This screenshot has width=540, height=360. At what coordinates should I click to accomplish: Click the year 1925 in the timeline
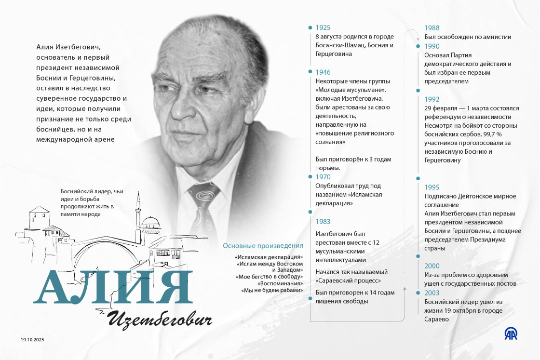coord(323,28)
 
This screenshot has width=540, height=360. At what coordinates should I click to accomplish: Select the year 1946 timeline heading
coord(323,72)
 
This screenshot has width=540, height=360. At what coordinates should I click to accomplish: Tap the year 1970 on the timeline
coord(323,177)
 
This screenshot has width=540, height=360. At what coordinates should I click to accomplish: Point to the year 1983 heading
coord(323,222)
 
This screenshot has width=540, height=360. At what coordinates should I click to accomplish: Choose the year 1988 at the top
coord(432,28)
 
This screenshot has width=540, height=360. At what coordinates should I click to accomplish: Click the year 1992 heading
coord(432,99)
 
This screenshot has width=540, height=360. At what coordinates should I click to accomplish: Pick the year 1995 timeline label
coord(432,187)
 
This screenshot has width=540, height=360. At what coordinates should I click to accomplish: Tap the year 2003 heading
coord(432,293)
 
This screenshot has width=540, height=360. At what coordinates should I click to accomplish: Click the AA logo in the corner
coord(511,333)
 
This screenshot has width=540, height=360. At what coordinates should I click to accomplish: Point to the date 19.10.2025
coord(32,340)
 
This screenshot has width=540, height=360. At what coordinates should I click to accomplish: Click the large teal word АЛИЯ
coord(113,288)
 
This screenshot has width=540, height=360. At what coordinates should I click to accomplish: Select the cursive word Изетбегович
coord(159,319)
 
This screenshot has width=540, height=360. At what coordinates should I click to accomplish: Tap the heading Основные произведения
coord(263,246)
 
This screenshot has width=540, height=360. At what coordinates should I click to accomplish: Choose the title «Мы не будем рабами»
coord(272,290)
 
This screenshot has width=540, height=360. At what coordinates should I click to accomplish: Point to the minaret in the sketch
coord(138,212)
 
